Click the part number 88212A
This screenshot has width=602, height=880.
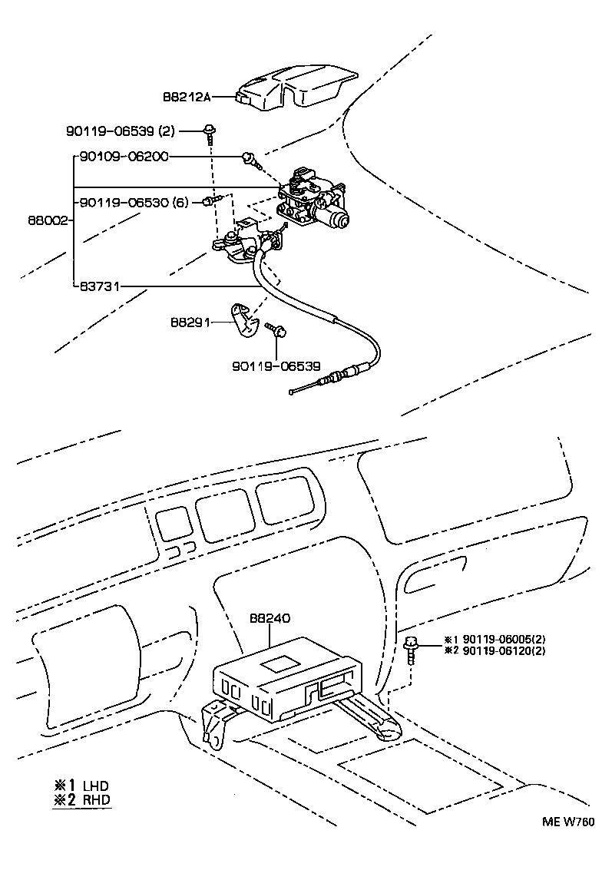(x=186, y=98)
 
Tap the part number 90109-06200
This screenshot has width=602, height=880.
(x=124, y=157)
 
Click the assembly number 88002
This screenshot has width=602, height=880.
(x=45, y=220)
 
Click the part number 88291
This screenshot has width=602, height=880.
(x=188, y=323)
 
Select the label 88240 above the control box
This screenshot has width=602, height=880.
(x=269, y=618)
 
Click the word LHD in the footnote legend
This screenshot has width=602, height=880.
(x=97, y=786)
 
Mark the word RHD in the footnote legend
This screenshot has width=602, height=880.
(x=97, y=800)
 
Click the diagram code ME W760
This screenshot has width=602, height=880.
(x=567, y=821)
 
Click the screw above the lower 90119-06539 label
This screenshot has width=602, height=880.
(x=276, y=329)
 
